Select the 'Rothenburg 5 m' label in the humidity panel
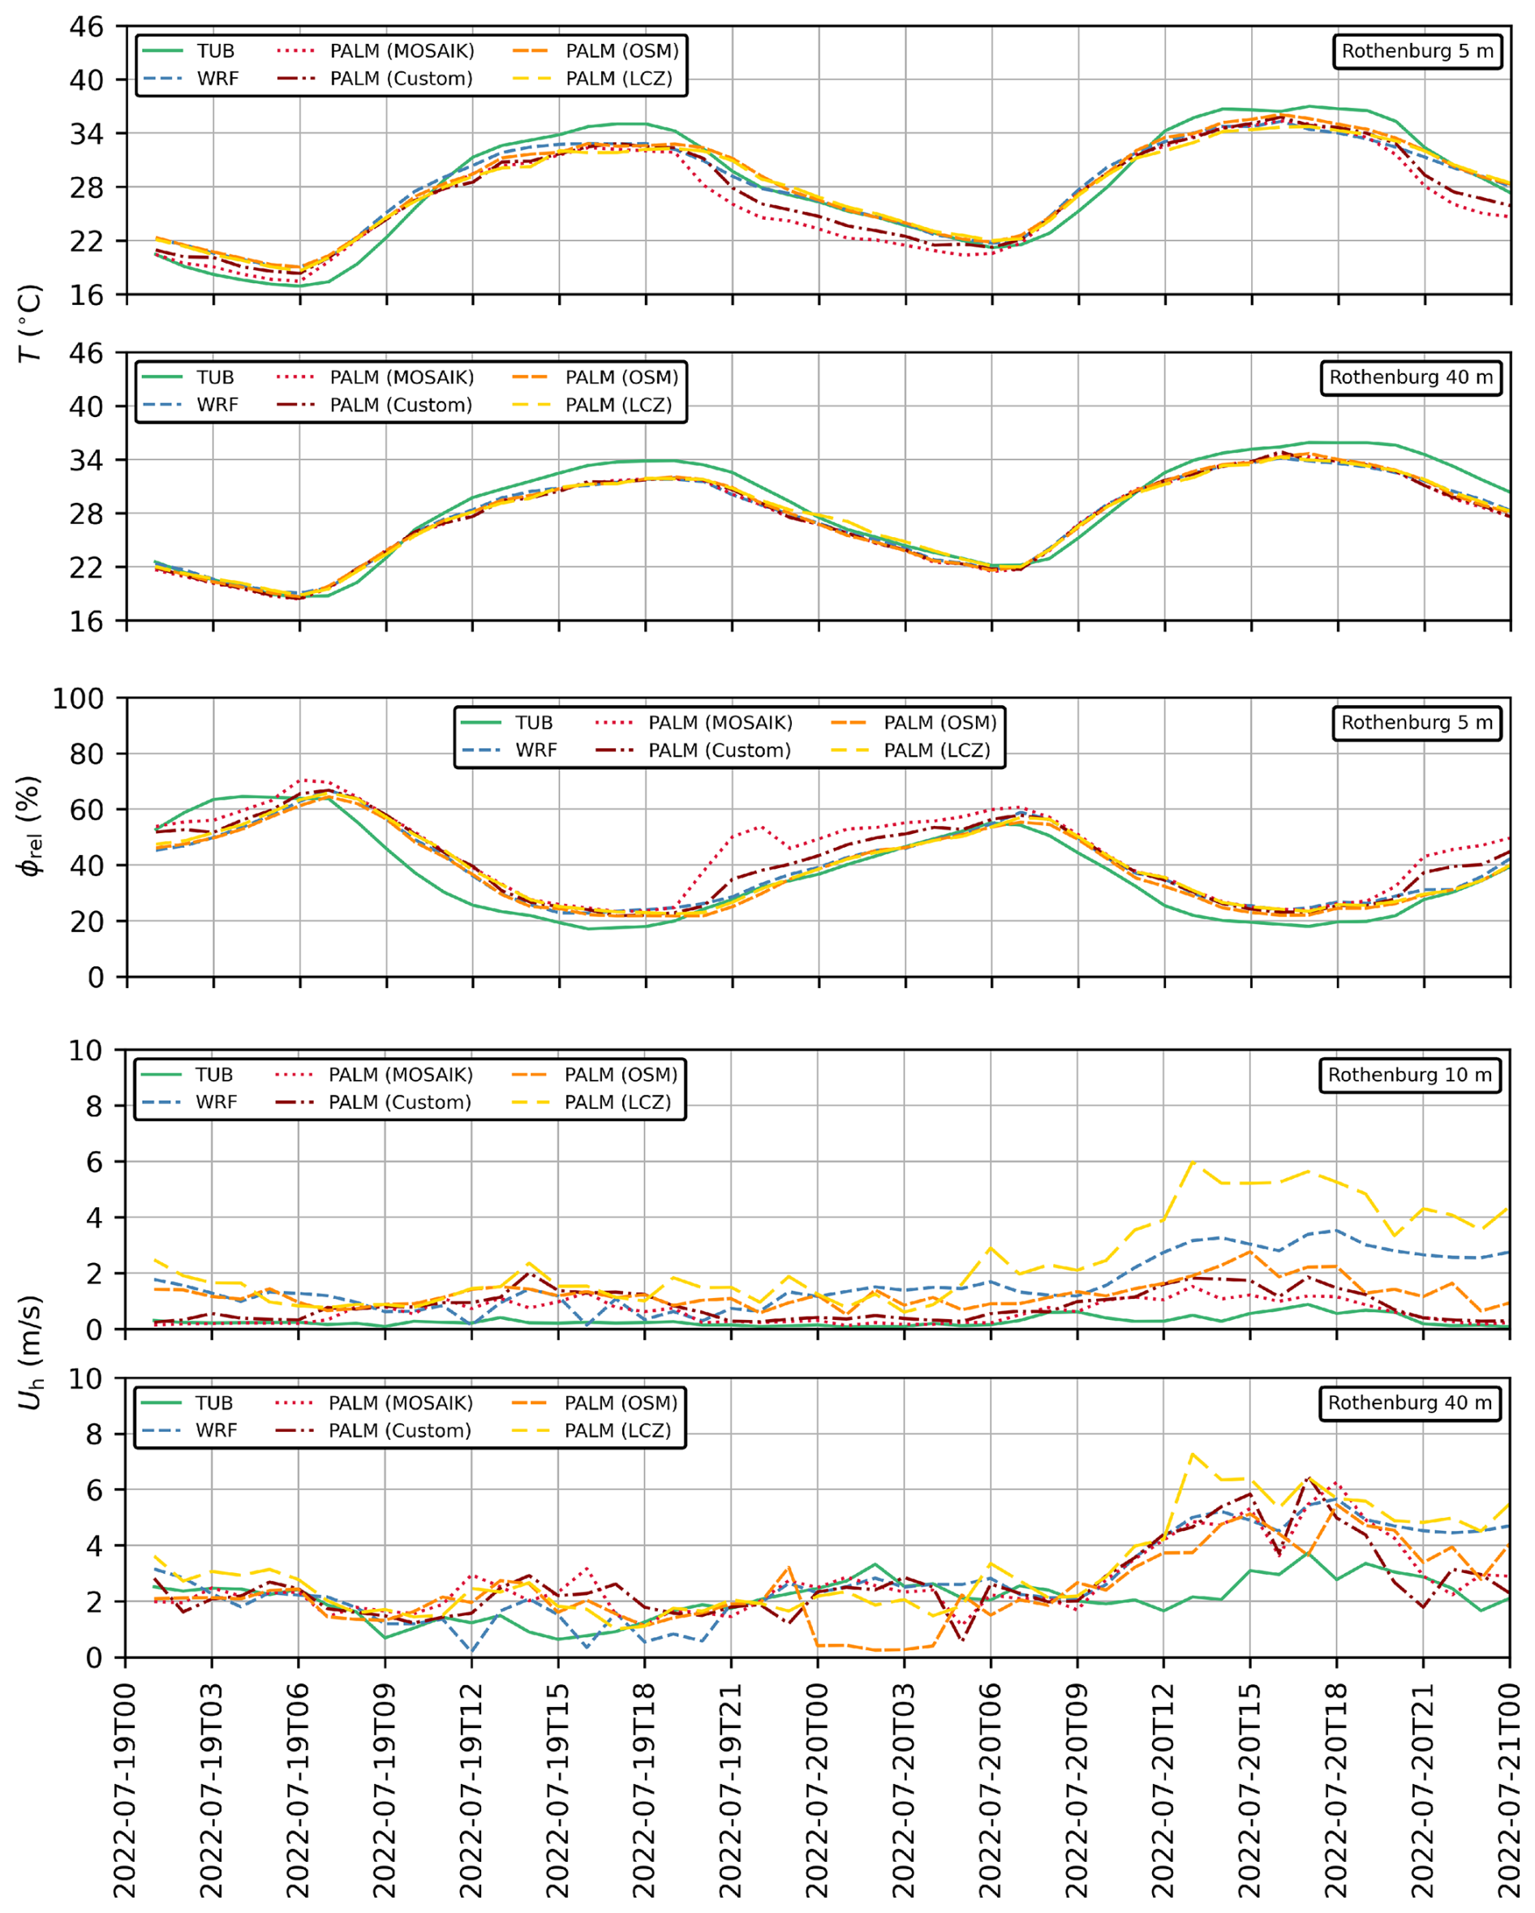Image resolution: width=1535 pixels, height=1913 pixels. [1416, 723]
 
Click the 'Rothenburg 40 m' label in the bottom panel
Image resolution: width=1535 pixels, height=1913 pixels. [1409, 1403]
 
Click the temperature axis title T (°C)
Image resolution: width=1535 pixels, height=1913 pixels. [31, 323]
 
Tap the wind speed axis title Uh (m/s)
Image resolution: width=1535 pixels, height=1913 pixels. [31, 1352]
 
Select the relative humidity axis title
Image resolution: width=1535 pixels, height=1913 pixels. [31, 825]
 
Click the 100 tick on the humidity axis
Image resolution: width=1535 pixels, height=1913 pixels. [78, 699]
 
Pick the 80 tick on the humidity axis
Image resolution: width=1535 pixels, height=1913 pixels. [87, 754]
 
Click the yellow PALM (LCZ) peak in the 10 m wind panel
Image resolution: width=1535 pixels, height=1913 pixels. [1193, 1162]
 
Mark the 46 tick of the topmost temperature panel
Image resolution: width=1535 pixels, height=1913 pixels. [87, 28]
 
